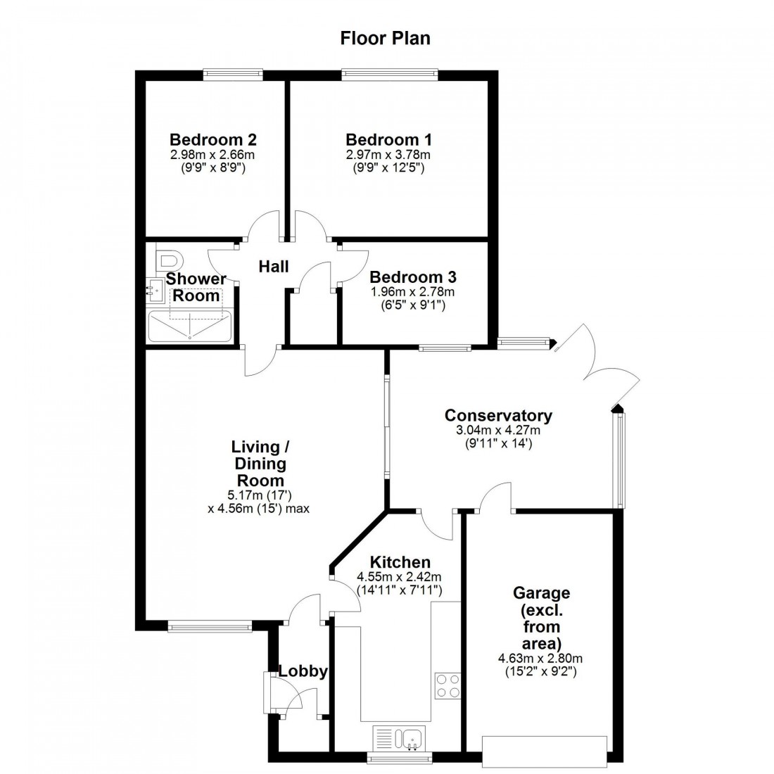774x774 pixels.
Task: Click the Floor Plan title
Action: coord(385,38)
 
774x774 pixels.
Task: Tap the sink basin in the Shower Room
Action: coord(157,289)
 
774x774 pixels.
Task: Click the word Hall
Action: coord(273,267)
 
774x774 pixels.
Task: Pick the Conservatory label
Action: coord(498,415)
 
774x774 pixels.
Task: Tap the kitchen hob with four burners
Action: coord(448,685)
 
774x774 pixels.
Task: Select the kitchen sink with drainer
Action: coord(398,739)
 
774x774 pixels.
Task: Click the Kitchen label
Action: coord(400,562)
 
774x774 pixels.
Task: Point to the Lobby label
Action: coord(303,671)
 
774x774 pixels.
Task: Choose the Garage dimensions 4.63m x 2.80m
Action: coord(540,659)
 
